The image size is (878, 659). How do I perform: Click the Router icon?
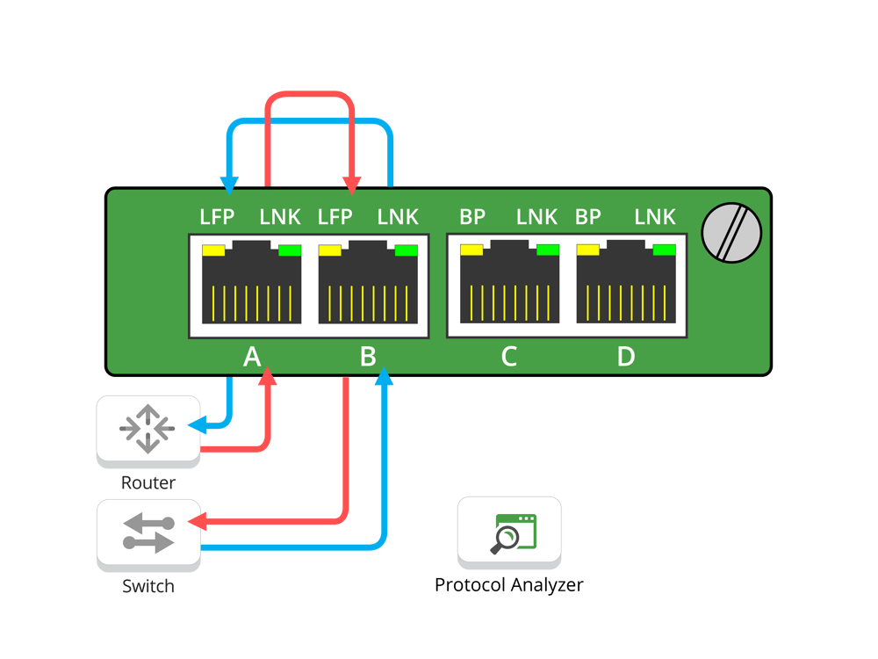148,429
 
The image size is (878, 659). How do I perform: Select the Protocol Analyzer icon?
509,533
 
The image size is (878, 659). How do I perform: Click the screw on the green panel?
731,233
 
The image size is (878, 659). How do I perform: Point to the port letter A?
252,357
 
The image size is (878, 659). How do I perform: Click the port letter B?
368,357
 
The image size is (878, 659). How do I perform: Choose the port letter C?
508,357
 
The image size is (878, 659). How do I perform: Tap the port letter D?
625,357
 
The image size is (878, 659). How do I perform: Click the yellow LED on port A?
214,250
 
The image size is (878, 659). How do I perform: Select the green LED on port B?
407,250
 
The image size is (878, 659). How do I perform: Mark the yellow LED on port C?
471,250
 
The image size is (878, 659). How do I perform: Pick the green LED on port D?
665,250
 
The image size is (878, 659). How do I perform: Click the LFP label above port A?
219,217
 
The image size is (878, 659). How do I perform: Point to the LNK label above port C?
536,217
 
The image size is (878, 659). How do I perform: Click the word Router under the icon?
148,483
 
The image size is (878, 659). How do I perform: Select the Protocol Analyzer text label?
509,585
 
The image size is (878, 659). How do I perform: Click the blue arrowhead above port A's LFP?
229,186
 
